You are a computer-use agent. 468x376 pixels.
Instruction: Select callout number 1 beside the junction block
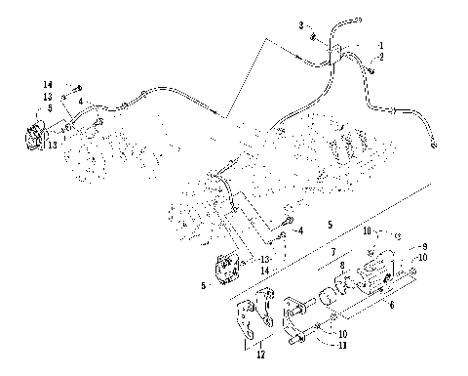(x=381, y=46)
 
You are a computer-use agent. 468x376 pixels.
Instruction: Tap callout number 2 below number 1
(x=381, y=58)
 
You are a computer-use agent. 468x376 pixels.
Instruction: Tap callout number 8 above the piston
(x=341, y=265)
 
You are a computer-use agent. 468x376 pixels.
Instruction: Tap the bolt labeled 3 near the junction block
(x=312, y=36)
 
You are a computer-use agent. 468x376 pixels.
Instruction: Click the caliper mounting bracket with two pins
(x=301, y=316)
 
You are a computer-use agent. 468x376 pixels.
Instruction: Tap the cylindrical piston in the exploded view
(x=346, y=284)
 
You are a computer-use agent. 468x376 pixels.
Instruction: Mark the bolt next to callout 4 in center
(x=282, y=234)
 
